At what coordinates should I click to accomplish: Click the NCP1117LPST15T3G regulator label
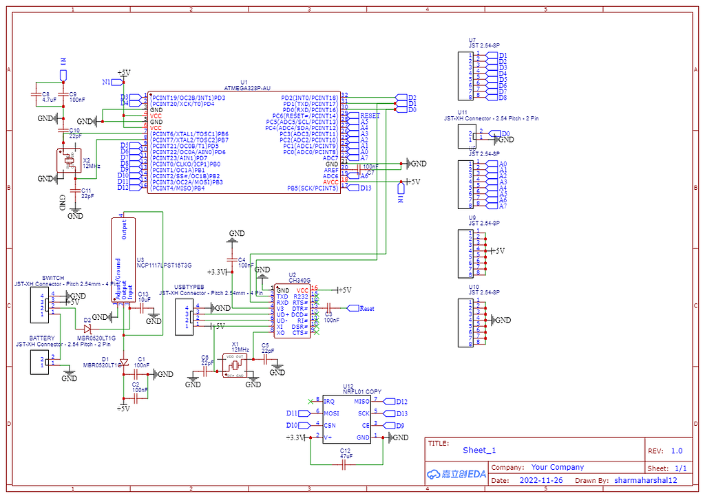[x=164, y=265]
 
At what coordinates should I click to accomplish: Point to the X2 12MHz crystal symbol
[x=69, y=161]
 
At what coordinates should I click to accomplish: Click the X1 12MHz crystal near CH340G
[x=235, y=365]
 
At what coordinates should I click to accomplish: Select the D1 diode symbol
[x=123, y=362]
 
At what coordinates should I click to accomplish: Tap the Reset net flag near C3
[x=366, y=309]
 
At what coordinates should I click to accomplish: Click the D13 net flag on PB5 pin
[x=365, y=188]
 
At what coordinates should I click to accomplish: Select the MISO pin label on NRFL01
[x=361, y=401]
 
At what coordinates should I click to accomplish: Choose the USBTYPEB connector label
[x=189, y=286]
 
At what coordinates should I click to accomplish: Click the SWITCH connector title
[x=53, y=278]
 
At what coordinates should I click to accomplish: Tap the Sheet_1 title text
[x=479, y=451]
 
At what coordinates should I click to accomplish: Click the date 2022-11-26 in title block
[x=540, y=480]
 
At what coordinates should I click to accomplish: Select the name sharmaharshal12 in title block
[x=646, y=480]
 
